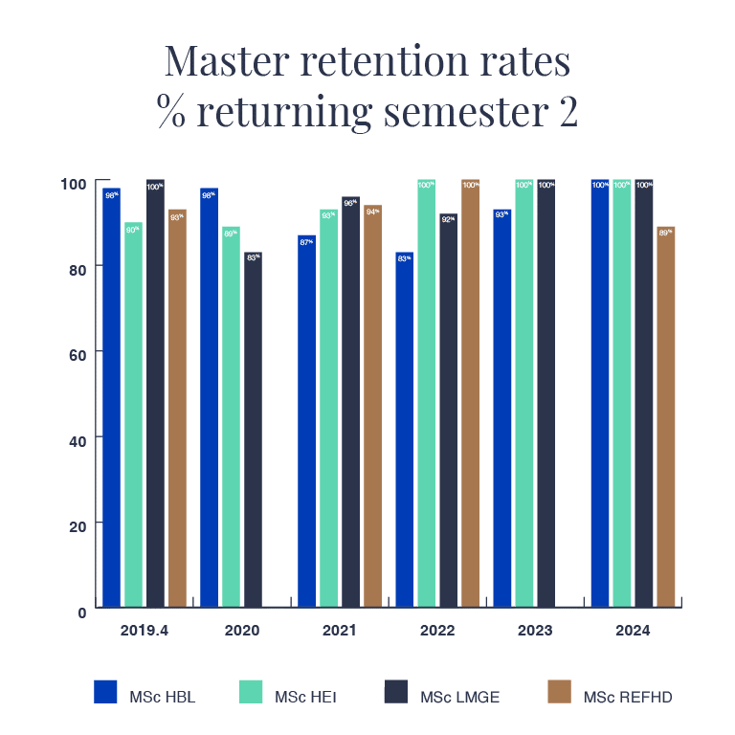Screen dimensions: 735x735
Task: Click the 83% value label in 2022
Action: [x=404, y=258]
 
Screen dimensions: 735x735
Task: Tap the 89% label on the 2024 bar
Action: [x=665, y=233]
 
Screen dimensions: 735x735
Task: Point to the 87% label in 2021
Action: [x=306, y=242]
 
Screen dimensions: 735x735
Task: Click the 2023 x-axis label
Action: [x=535, y=631]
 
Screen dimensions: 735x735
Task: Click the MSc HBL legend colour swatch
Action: [x=105, y=691]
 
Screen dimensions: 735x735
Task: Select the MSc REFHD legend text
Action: [x=627, y=697]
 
